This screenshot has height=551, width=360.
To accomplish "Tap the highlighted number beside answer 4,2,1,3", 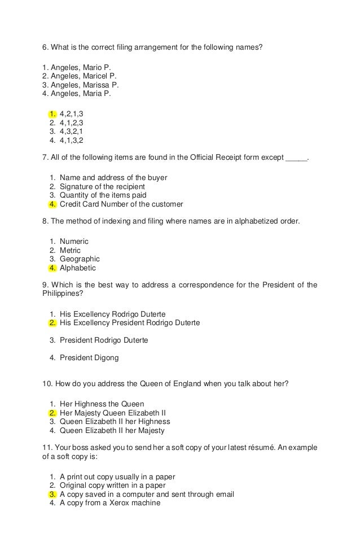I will coord(52,113).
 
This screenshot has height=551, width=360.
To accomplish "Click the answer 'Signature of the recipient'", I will coord(102,186).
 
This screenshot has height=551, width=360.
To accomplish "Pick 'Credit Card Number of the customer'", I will coord(121,204).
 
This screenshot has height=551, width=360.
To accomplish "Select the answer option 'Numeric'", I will coord(74,242).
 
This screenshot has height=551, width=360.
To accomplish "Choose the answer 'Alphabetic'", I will coord(78,268).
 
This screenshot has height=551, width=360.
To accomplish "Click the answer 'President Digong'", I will coord(89,357).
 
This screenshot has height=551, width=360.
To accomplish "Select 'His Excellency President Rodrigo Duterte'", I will coord(130,323).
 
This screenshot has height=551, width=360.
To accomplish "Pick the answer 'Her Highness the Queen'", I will coord(102,404).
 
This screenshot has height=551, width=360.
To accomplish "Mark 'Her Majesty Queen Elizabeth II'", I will coord(112,413).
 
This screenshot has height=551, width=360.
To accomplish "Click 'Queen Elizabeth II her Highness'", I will coord(115,421).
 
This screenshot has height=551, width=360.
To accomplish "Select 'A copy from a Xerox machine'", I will coord(110,502).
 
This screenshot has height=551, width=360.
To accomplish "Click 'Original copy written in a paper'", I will coord(113,485).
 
